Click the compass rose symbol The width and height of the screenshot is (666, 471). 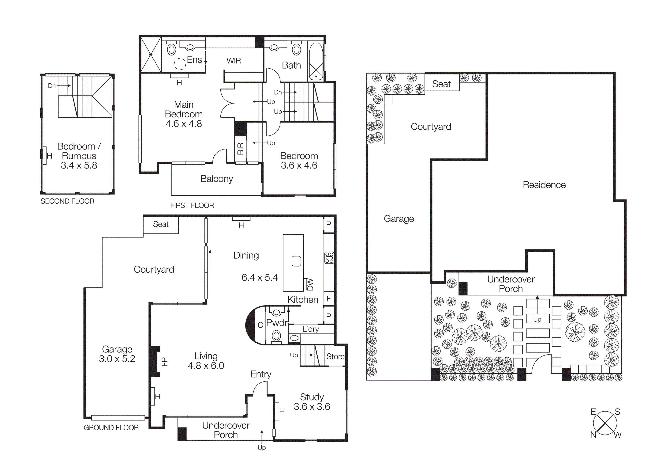605,423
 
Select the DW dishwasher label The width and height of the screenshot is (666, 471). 310,284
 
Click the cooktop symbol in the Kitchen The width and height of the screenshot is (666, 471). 329,258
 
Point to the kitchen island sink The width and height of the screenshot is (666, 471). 296,261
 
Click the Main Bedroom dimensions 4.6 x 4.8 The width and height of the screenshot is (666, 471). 184,124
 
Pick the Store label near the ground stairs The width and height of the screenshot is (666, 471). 335,356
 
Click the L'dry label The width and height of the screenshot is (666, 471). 310,329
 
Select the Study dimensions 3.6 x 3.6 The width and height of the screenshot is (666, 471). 312,407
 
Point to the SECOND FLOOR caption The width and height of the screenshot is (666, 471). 67,201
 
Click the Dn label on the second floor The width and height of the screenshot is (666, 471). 52,86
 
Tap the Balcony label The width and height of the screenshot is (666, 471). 217,179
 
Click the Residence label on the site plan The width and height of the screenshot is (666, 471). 544,185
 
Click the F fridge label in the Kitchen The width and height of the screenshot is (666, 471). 329,299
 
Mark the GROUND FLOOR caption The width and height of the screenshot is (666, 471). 111,427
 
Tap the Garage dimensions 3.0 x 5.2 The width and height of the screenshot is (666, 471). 117,359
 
